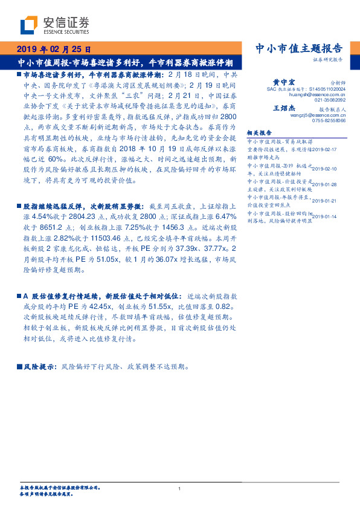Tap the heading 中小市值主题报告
300,48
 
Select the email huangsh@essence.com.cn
317,95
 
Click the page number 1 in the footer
180,488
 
